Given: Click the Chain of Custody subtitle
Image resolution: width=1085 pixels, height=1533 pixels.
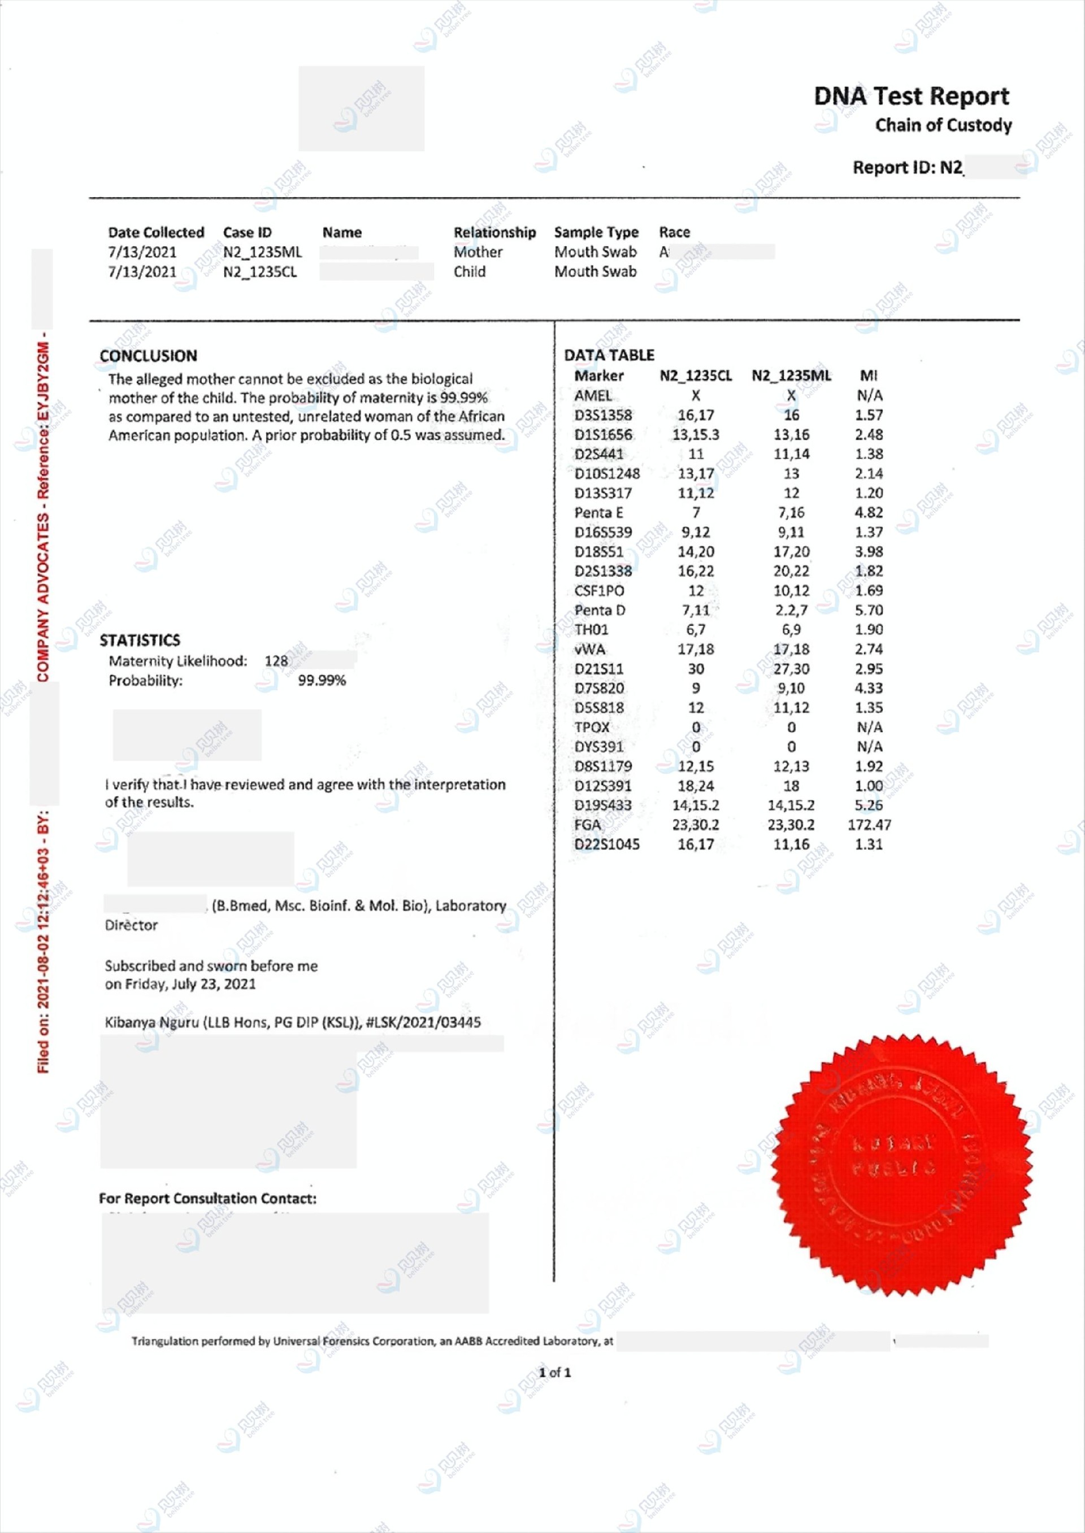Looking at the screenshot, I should pos(943,125).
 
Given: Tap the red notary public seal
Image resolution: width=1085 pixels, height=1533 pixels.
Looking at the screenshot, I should pos(901,1165).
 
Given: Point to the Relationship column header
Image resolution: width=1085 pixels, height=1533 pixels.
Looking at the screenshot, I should pos(494,232).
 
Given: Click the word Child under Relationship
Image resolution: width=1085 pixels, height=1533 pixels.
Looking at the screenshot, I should pos(470,272).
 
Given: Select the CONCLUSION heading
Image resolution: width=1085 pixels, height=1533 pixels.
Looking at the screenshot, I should pos(148,356).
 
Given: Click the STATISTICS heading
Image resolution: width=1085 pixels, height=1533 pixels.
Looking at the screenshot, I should pos(140,641).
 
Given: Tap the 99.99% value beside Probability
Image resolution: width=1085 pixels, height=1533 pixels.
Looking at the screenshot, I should pos(322,681).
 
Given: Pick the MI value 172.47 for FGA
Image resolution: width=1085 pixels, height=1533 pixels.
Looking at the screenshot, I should pos(869,825).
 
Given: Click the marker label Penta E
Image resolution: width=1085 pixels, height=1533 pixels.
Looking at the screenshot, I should pos(598,513).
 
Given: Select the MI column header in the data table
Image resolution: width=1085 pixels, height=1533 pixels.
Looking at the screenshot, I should pos(869,376).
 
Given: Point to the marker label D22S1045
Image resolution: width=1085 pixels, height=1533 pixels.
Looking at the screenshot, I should pos(606,844).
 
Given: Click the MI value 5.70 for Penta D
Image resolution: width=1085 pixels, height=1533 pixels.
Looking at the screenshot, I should pos(869,610).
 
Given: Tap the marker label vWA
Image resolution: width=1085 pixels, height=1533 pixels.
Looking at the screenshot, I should pos(589,649).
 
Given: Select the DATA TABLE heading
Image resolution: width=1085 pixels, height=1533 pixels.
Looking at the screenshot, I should pos(609,355).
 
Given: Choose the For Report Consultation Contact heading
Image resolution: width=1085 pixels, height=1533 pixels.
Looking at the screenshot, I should pos(207,1199).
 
